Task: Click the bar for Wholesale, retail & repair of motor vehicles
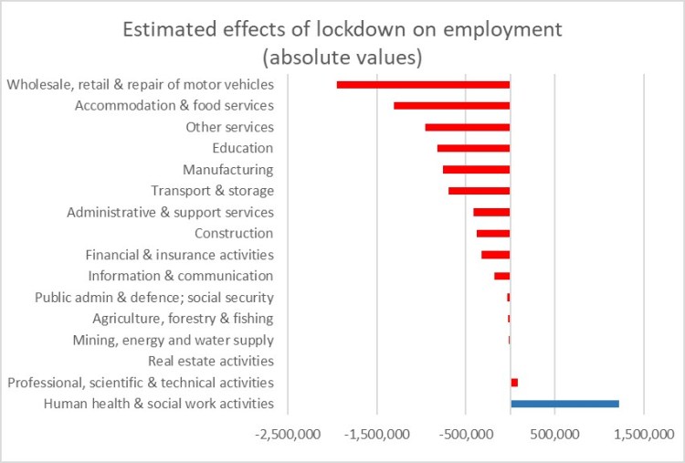point(423,84)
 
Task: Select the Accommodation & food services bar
point(451,106)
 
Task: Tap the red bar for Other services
point(467,127)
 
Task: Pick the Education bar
point(473,148)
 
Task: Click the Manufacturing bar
point(476,170)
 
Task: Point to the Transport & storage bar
point(479,191)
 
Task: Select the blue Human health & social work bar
point(564,404)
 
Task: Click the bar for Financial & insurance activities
point(495,255)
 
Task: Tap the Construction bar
point(492,234)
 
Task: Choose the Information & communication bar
point(501,276)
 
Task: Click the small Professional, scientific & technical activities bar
point(514,383)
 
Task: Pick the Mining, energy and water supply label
point(173,340)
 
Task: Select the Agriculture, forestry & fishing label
point(183,319)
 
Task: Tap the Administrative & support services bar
point(491,212)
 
